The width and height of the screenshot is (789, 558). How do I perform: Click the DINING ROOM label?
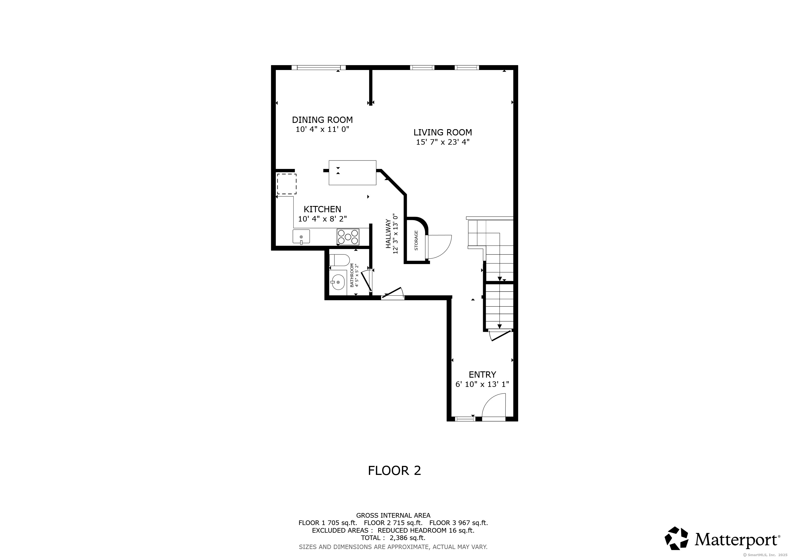click(322, 120)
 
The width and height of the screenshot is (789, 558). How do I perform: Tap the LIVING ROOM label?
click(443, 132)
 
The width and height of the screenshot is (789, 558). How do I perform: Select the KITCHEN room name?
click(322, 209)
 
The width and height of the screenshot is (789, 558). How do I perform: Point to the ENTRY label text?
click(482, 375)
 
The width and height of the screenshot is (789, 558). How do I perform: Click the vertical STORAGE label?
click(416, 240)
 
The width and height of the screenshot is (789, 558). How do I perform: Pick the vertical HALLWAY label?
click(388, 234)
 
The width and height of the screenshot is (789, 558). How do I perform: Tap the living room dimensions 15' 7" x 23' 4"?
click(443, 142)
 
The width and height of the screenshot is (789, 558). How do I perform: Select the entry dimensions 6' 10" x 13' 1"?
click(482, 384)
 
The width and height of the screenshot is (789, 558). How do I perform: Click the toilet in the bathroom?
click(339, 260)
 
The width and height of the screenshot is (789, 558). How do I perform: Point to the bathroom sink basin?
click(338, 282)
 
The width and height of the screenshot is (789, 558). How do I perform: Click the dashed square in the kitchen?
click(287, 184)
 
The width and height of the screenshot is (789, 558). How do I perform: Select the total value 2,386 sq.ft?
click(408, 538)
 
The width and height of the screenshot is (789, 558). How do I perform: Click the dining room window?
click(318, 68)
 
